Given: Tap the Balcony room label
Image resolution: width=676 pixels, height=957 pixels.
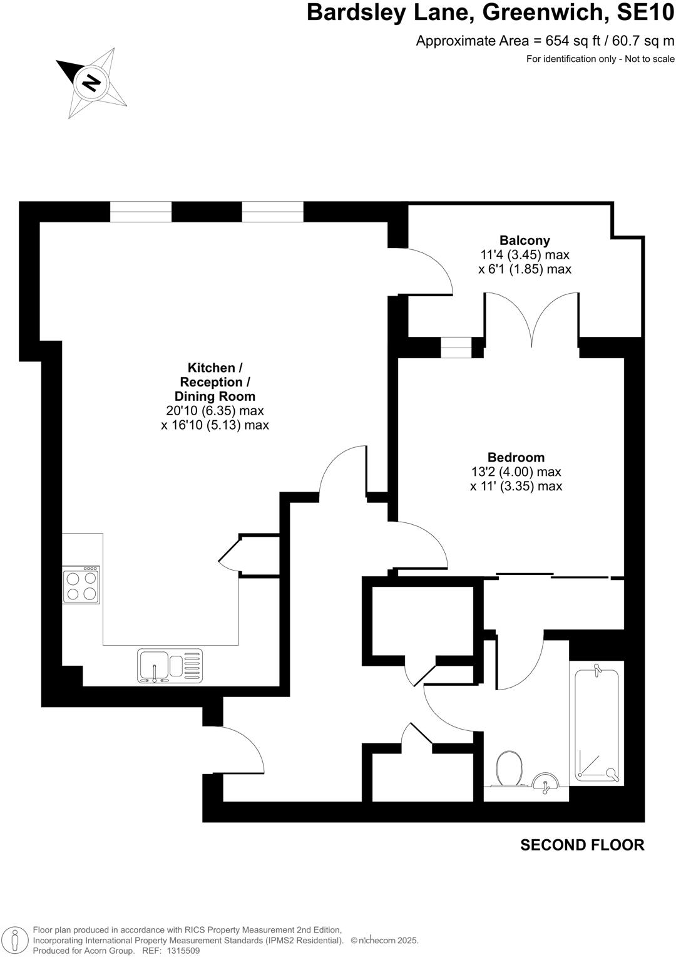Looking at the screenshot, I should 525,241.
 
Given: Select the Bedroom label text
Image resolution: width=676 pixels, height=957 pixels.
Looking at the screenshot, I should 516,458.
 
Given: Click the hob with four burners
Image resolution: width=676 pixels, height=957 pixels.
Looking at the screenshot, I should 81,585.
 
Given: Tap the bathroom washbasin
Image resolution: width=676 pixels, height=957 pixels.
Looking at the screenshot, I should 546,782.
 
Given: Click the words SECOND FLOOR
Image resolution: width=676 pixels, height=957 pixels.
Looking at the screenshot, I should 582,845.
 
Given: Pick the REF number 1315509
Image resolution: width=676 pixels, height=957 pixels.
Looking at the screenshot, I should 180,950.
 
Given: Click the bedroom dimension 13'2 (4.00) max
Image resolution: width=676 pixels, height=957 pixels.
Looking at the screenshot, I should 516,472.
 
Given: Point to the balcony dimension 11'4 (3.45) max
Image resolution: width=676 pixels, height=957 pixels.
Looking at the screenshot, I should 525,255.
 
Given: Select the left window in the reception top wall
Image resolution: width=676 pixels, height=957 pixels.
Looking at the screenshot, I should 141,212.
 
